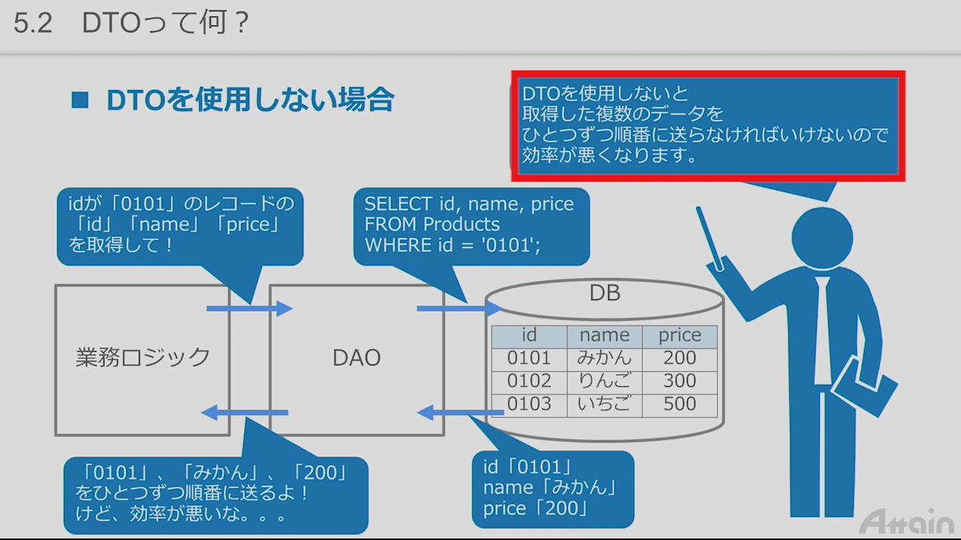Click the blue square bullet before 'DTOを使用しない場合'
(80, 100)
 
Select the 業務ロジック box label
(143, 358)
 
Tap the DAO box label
(357, 358)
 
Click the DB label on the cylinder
(604, 293)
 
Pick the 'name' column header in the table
(604, 335)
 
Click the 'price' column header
(679, 335)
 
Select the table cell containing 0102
(529, 381)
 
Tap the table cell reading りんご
(604, 381)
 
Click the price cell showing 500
(679, 404)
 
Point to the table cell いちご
(604, 404)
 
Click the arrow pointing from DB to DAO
(460, 412)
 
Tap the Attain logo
(907, 520)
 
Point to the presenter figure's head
(823, 235)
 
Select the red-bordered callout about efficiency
(708, 126)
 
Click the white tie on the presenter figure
(823, 330)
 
